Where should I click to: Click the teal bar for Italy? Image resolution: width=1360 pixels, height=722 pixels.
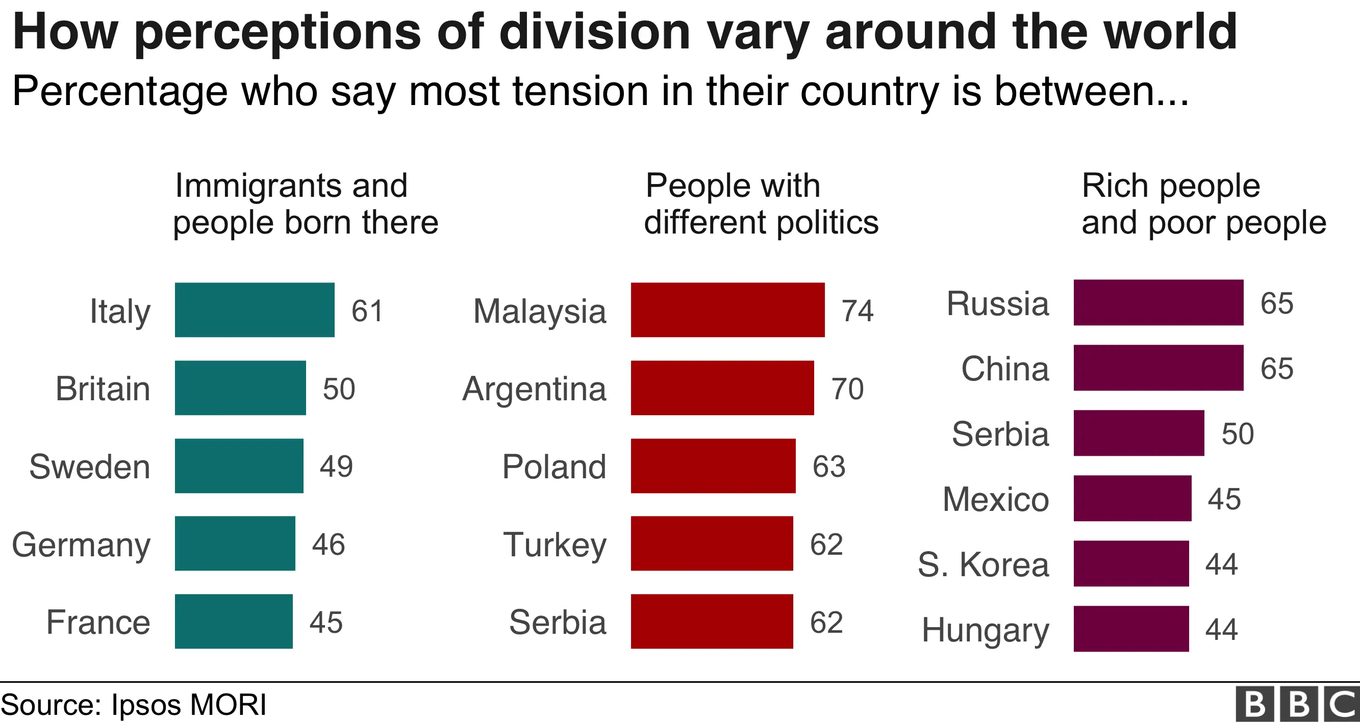(255, 310)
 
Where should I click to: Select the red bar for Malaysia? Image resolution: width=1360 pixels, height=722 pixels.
(727, 310)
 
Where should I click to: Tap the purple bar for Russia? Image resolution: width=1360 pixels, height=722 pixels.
(1158, 302)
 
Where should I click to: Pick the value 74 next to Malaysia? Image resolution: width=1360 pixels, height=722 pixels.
(858, 311)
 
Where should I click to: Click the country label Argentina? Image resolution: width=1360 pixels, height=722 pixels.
(534, 389)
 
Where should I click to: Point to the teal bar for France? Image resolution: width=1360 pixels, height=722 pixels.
(233, 621)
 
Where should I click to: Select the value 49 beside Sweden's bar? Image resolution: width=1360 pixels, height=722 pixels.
(336, 466)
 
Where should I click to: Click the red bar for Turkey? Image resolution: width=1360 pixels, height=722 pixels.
(711, 543)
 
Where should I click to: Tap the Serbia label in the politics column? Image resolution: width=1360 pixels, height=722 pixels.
(558, 622)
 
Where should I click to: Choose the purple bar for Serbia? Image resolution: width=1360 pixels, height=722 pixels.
(1138, 433)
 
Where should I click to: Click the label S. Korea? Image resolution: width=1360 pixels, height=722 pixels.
(983, 564)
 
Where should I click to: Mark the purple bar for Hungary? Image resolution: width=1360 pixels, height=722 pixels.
(1131, 629)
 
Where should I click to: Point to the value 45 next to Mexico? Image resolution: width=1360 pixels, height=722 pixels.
(1224, 499)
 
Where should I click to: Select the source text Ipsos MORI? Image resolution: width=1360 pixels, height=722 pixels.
(188, 705)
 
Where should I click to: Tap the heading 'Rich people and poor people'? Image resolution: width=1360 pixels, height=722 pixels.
(1203, 204)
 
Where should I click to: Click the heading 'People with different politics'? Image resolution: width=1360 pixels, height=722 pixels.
(761, 204)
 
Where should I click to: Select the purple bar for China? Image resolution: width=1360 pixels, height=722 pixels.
(1158, 367)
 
